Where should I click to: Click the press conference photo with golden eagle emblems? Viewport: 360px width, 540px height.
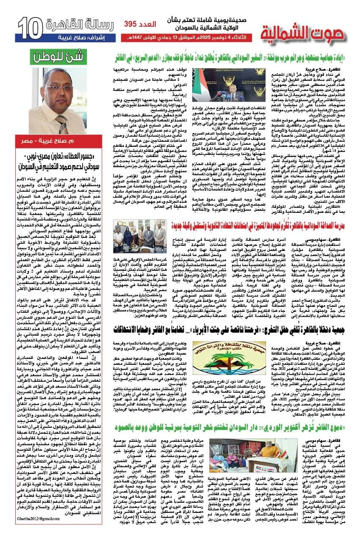click(219, 84)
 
